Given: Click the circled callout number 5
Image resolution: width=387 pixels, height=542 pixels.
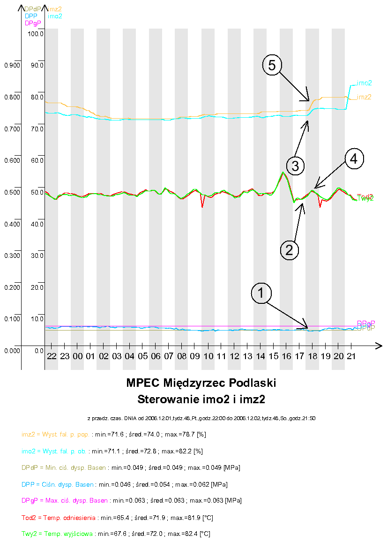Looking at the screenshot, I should [x=272, y=65].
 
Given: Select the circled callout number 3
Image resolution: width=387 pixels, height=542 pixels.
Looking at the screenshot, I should [x=296, y=165].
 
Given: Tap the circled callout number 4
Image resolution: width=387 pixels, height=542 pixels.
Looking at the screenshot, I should [x=354, y=159].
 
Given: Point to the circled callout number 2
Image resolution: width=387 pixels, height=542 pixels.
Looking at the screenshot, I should [x=289, y=249].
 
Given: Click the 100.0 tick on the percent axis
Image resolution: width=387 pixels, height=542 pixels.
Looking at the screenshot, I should [x=36, y=34].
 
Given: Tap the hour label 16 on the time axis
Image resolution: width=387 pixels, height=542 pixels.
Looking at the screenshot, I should [x=286, y=357].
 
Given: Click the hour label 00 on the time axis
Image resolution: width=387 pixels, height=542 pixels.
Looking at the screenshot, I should [x=77, y=357].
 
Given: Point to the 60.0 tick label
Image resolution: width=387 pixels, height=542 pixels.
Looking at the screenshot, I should [x=36, y=160].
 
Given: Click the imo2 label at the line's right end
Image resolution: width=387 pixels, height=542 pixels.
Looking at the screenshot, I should [x=365, y=83].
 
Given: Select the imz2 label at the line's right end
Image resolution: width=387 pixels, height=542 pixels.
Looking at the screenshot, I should [x=364, y=97].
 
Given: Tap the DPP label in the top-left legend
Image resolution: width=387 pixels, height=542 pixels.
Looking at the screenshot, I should [x=31, y=16].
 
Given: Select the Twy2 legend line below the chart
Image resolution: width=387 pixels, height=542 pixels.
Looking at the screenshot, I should [x=116, y=534].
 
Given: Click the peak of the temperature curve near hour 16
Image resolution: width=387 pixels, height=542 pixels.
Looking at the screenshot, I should [x=283, y=173].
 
